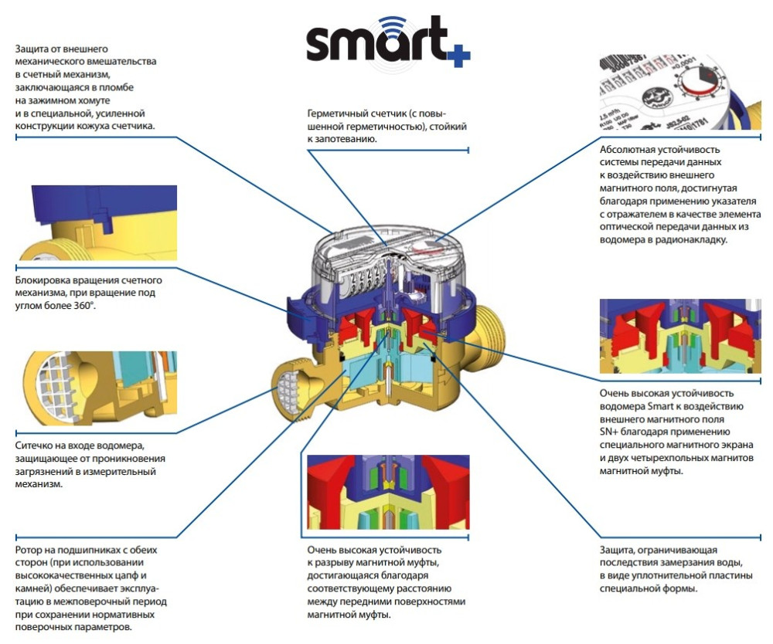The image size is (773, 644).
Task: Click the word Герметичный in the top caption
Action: [x=338, y=112]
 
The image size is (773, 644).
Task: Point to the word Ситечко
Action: [x=36, y=446]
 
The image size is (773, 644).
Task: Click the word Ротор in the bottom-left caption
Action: [x=30, y=550]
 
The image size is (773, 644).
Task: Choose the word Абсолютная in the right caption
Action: [x=629, y=149]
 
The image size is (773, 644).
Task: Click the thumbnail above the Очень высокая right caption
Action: [x=679, y=335]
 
